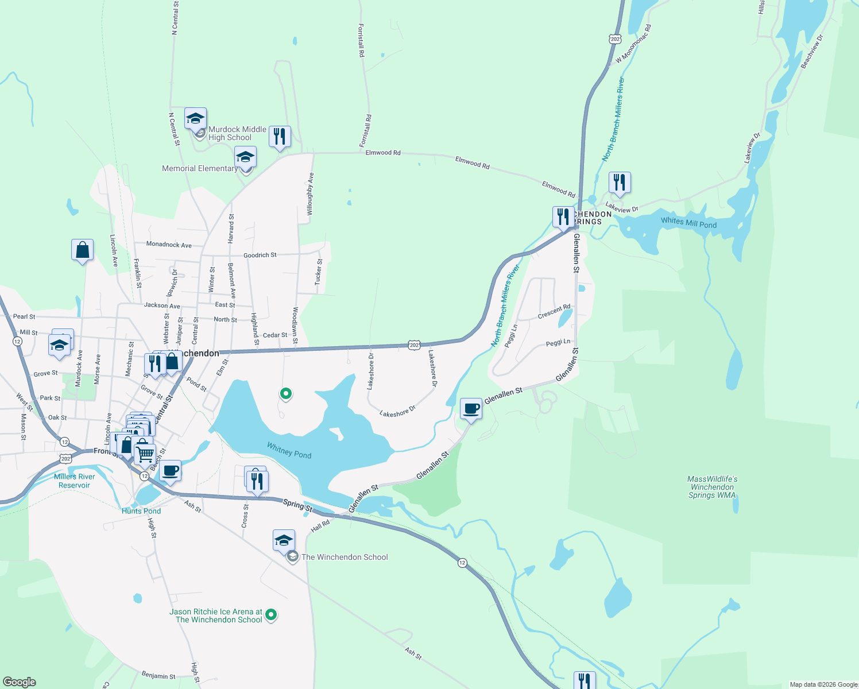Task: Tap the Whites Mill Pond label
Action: [x=688, y=223]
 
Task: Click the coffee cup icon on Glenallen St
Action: [x=471, y=409]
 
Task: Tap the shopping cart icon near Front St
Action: [x=145, y=454]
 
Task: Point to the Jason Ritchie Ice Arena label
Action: [x=216, y=616]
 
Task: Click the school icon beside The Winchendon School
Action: [x=284, y=541]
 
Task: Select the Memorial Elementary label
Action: [x=200, y=168]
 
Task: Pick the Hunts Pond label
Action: [x=141, y=511]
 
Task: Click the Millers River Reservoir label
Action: [x=75, y=481]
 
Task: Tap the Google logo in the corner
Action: [x=20, y=682]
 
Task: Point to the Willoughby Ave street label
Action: [x=310, y=194]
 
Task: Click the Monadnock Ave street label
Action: [x=169, y=245]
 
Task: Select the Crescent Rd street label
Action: [x=554, y=312]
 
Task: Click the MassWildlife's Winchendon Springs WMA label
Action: [x=712, y=487]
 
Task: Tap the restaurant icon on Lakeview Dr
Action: [x=620, y=183]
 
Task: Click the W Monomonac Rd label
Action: [x=633, y=44]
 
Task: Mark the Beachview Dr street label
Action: [x=812, y=52]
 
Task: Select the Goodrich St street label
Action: [x=260, y=255]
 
